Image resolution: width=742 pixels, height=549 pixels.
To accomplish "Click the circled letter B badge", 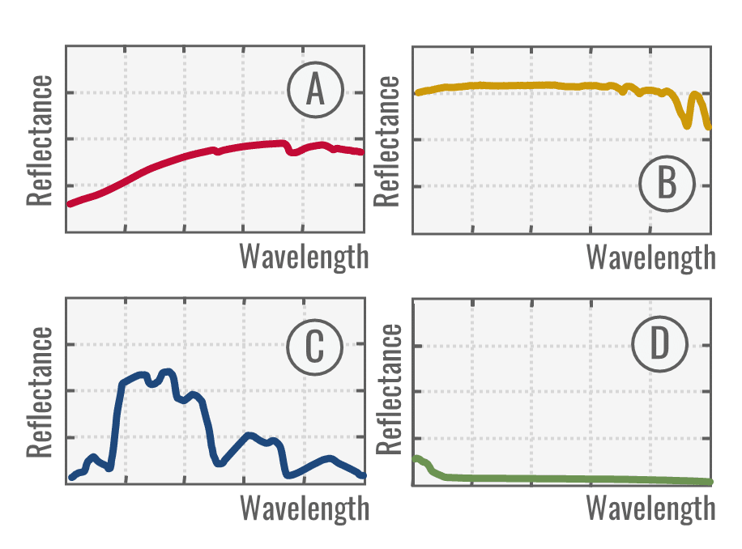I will point(667,183).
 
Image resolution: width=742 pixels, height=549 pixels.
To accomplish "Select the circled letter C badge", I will point(314,347).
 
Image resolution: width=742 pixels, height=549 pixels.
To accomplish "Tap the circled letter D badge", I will point(660,346).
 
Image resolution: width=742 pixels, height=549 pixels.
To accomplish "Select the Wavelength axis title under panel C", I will point(304,509).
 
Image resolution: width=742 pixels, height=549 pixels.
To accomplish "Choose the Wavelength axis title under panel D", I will point(651,509).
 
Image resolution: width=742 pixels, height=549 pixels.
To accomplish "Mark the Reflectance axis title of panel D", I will point(389,392).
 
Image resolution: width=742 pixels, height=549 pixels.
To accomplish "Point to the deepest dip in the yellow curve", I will point(687,126).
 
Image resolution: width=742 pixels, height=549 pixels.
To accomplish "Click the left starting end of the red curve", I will point(70,203).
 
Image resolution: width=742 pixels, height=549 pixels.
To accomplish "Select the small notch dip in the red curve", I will point(292,151).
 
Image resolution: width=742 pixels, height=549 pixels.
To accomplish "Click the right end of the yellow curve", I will point(709,127).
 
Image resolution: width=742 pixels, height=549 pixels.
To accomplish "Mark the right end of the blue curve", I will point(363,475).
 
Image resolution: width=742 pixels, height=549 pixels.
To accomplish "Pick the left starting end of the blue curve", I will point(71,477).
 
